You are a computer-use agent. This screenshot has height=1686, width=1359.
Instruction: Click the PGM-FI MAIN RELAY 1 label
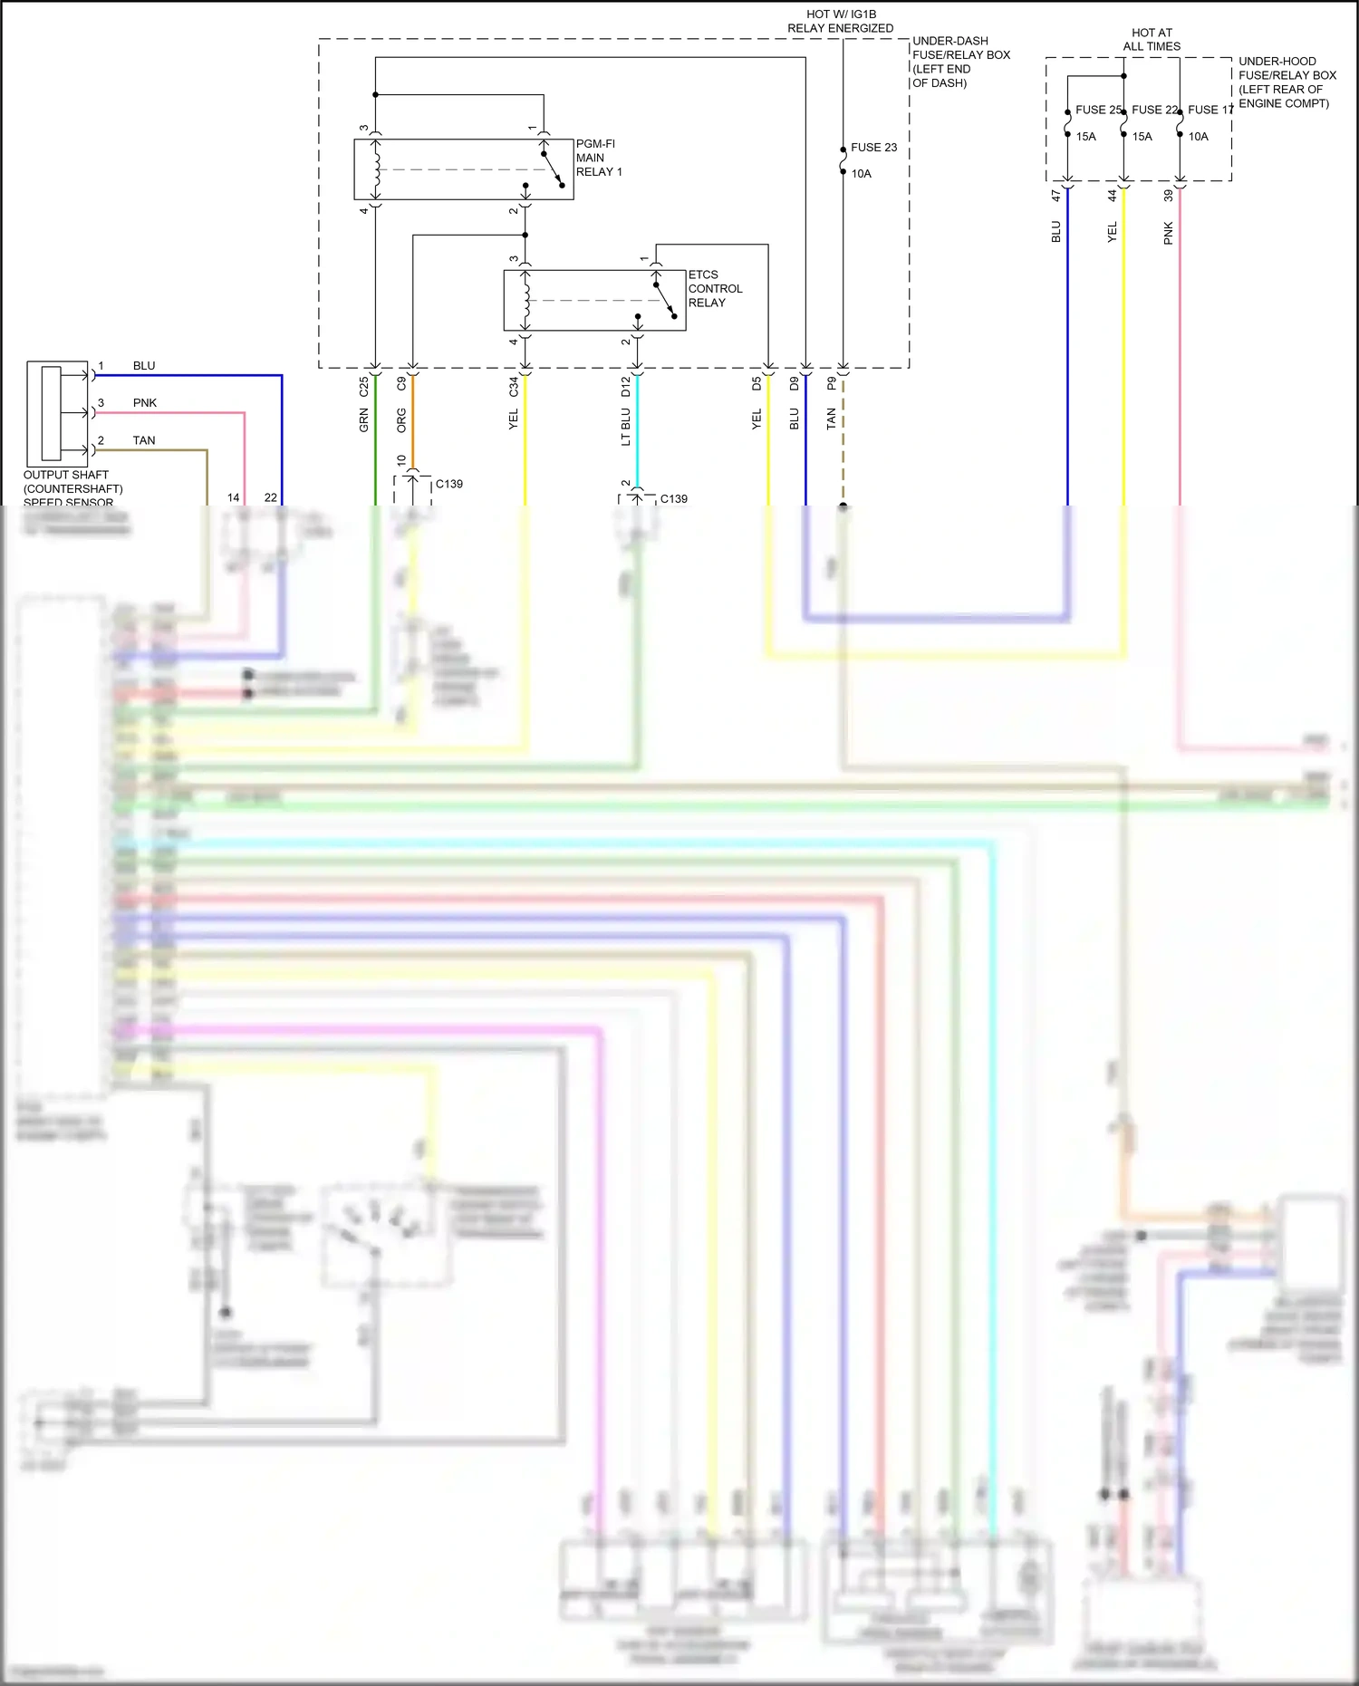pos(599,158)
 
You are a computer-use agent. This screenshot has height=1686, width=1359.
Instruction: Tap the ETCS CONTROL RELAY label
pos(715,288)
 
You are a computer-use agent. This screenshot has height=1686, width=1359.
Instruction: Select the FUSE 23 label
pos(873,147)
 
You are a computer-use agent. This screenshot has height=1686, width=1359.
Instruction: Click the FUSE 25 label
pos(1098,110)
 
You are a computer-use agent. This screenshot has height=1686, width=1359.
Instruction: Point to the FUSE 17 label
pos(1210,110)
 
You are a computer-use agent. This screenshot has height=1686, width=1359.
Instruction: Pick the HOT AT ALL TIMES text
pos(1152,39)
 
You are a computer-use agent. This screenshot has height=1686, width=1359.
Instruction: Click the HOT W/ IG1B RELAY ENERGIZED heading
pos(840,21)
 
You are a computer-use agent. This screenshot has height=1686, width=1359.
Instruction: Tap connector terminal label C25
pos(364,387)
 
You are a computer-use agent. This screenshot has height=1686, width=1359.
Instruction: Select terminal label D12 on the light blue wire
pos(626,387)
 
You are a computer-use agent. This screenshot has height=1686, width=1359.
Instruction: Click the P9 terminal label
pos(832,384)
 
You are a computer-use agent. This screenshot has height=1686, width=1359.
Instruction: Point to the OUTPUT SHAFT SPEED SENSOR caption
pos(72,488)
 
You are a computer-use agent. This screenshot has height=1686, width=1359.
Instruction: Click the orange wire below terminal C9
pos(413,426)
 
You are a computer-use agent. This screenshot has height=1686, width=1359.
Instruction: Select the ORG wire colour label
pos(401,419)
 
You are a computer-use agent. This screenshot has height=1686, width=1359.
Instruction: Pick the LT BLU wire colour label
pos(626,427)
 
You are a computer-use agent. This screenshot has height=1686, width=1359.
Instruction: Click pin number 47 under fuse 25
pos(1056,195)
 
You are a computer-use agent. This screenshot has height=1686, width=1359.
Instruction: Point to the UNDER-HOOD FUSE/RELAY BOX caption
pos(1287,82)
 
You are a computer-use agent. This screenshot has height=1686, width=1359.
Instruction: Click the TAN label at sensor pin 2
pos(144,440)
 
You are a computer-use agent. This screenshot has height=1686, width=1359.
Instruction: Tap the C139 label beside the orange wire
pos(449,484)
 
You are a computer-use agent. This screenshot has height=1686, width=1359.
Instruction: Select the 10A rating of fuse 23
pos(861,174)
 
